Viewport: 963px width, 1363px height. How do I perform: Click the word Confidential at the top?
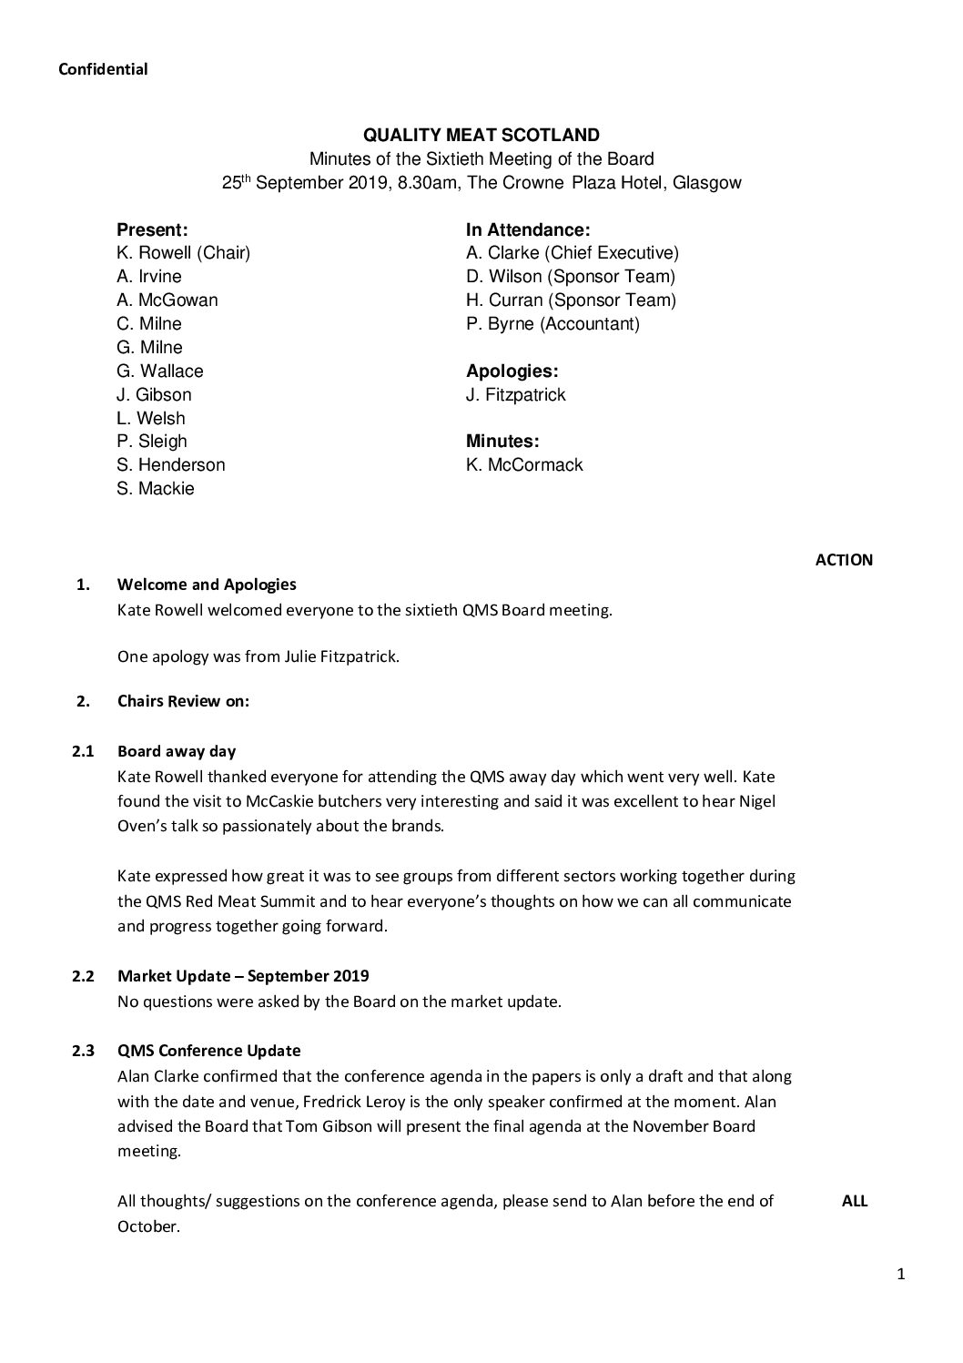pos(102,69)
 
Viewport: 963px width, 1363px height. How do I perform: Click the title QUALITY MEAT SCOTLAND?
pos(481,136)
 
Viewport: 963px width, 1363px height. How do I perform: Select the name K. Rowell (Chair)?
pos(183,253)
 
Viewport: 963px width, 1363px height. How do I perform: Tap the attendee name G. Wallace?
pos(159,371)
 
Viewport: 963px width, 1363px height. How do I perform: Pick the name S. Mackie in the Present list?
pos(155,489)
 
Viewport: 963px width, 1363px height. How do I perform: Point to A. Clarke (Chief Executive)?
pos(572,253)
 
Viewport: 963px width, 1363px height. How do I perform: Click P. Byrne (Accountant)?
pos(552,324)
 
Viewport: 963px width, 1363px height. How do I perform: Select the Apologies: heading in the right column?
pos(512,371)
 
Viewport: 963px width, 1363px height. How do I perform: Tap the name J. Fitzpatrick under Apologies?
pos(515,395)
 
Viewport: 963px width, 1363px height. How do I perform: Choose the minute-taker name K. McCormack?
pos(524,465)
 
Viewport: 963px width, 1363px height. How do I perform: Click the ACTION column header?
pos(843,560)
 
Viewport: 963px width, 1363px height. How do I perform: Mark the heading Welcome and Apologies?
pos(207,585)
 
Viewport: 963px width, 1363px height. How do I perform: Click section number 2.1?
pos(83,752)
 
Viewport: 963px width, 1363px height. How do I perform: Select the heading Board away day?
pos(177,752)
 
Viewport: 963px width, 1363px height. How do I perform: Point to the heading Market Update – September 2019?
pos(243,976)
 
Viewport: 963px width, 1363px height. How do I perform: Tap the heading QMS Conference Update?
pos(208,1051)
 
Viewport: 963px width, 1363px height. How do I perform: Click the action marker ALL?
pos(854,1201)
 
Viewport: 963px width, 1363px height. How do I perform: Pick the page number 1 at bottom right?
pos(900,1275)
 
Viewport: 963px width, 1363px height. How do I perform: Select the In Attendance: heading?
pos(528,230)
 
